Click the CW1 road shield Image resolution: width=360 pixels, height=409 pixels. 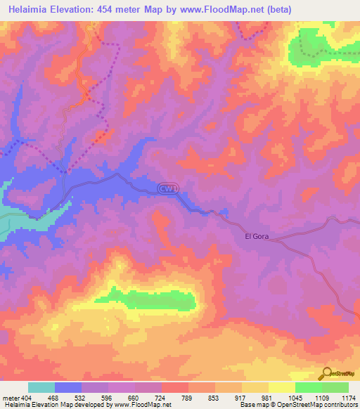click(167, 189)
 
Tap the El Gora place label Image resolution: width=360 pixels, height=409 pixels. click(257, 237)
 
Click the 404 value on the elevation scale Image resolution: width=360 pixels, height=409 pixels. click(27, 398)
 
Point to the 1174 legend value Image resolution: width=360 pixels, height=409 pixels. click(347, 398)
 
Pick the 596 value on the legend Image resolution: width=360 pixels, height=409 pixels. click(106, 398)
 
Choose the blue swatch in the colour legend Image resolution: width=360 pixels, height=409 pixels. click(68, 387)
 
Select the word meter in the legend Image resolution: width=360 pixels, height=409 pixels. click(11, 398)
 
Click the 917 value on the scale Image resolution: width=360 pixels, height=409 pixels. click(240, 398)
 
